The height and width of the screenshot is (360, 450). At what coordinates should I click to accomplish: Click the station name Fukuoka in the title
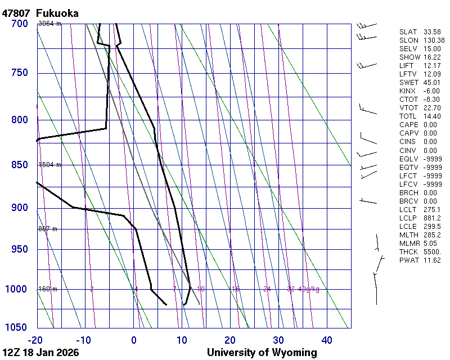point(57,13)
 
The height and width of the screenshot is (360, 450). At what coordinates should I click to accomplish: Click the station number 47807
point(16,13)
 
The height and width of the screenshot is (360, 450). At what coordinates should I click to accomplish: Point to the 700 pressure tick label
point(19,24)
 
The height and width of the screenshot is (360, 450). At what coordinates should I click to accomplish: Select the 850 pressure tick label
point(19,165)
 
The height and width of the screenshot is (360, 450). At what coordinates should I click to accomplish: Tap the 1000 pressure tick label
point(17,289)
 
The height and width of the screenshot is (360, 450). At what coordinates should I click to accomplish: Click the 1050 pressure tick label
point(17,327)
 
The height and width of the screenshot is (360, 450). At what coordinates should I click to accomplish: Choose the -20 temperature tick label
point(36,340)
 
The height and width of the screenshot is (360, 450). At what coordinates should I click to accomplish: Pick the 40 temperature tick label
point(327,340)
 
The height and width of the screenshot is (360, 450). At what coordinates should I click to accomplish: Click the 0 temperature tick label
point(134,340)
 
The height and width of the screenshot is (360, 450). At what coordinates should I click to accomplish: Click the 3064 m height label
point(49,24)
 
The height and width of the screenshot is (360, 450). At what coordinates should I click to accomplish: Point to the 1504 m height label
point(49,165)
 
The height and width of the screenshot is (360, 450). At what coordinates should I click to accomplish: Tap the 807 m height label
point(48,229)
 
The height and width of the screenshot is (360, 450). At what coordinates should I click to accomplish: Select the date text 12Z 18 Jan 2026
point(40,353)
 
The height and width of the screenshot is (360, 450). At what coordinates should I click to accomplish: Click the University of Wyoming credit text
point(262,353)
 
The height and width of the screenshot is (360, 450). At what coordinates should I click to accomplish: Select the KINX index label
point(408,91)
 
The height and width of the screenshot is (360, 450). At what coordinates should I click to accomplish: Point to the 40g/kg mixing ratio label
point(309,289)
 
